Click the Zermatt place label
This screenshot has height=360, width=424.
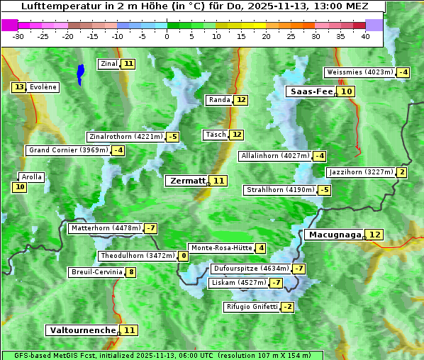187,181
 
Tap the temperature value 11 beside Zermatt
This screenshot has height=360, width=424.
219,181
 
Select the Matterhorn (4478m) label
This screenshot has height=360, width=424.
105,228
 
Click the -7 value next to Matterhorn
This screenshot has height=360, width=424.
150,228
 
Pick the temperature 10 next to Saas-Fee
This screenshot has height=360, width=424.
345,91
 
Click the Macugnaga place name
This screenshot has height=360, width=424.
333,235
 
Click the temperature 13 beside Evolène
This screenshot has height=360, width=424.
18,87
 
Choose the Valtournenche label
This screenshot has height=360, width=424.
82,330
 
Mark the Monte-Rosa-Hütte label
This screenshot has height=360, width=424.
221,248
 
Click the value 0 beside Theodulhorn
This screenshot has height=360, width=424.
184,256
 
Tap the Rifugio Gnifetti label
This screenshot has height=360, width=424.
251,307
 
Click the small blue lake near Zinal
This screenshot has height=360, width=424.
80,72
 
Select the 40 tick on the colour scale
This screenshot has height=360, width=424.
365,36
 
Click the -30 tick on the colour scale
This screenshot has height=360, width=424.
19,36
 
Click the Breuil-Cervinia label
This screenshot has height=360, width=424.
96,272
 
